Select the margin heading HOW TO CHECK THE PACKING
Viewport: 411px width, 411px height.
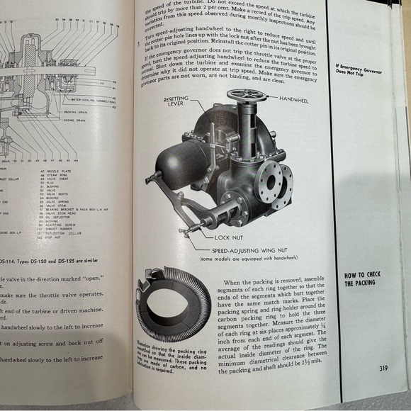coord(364,279)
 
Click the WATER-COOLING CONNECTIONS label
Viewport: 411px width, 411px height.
coord(96,101)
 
